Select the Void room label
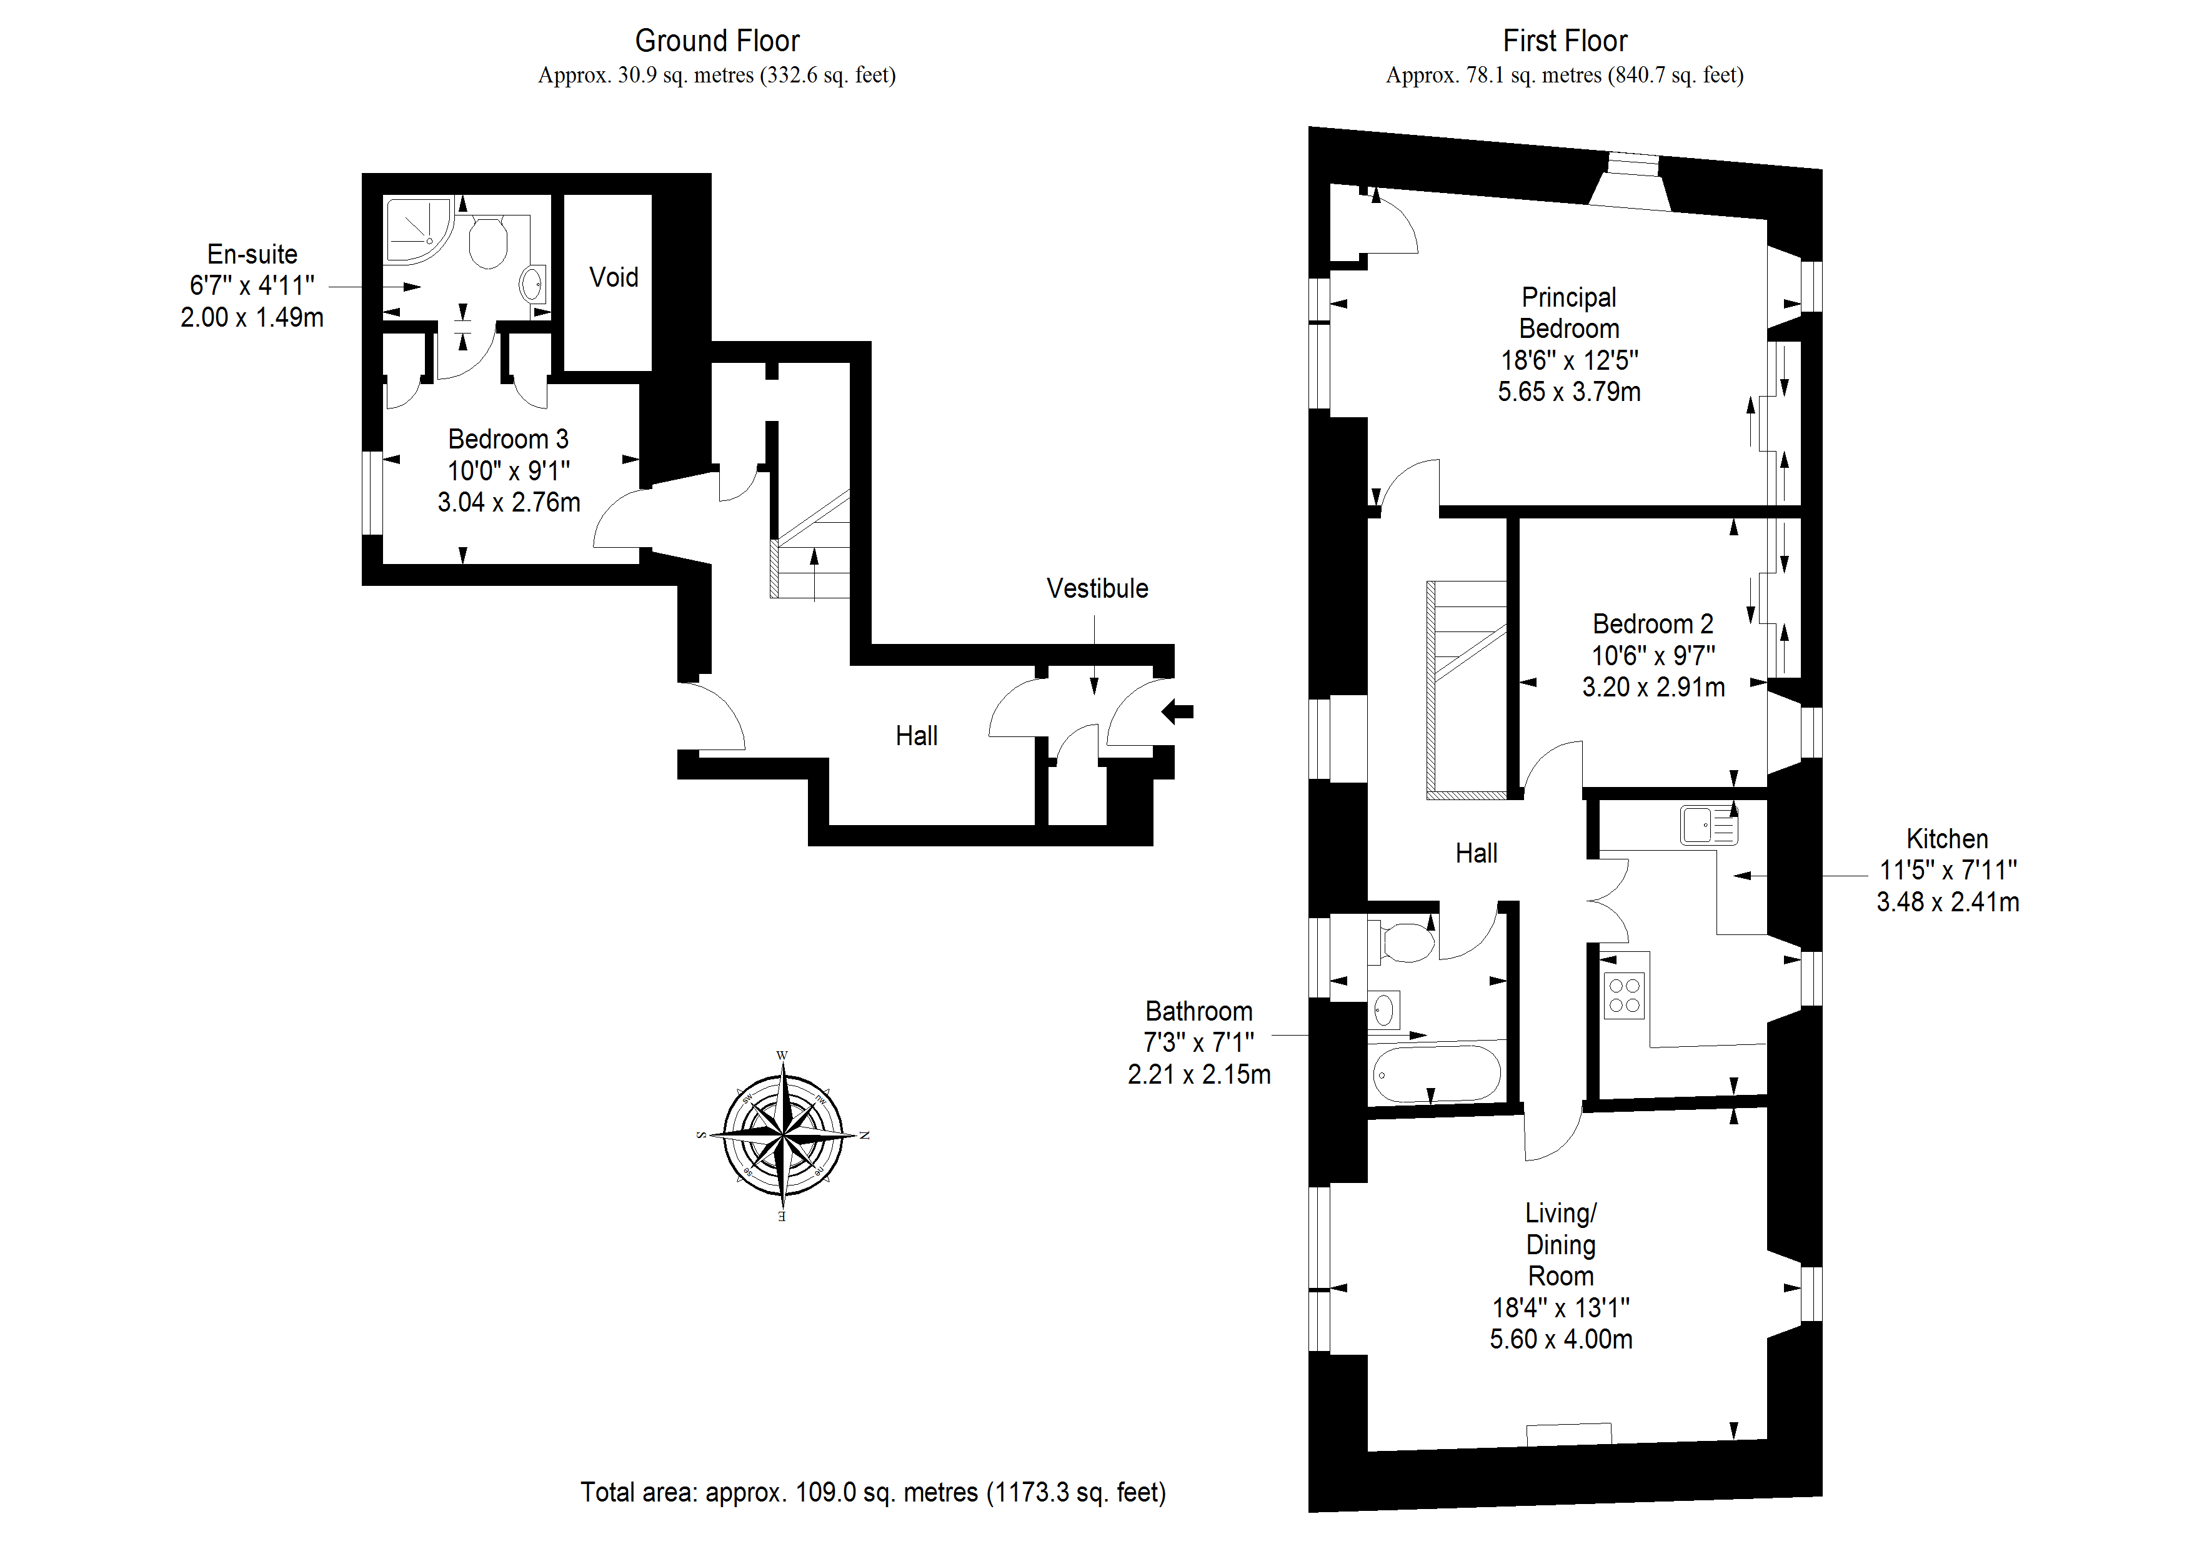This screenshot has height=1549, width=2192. [613, 278]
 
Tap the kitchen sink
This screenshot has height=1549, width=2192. [1708, 826]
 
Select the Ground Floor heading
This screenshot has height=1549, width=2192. [717, 41]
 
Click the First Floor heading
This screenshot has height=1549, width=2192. [1565, 41]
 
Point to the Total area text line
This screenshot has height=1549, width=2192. [872, 1492]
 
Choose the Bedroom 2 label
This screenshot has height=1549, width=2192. [1653, 624]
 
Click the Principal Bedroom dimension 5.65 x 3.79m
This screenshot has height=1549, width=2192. [1568, 391]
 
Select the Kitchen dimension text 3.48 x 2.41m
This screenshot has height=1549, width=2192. [1948, 902]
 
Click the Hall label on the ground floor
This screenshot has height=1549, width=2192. [917, 736]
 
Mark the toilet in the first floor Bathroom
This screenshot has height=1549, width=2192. [1405, 942]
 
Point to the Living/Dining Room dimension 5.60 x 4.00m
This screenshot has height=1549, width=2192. [1561, 1339]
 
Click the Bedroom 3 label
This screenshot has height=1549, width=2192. [508, 439]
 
